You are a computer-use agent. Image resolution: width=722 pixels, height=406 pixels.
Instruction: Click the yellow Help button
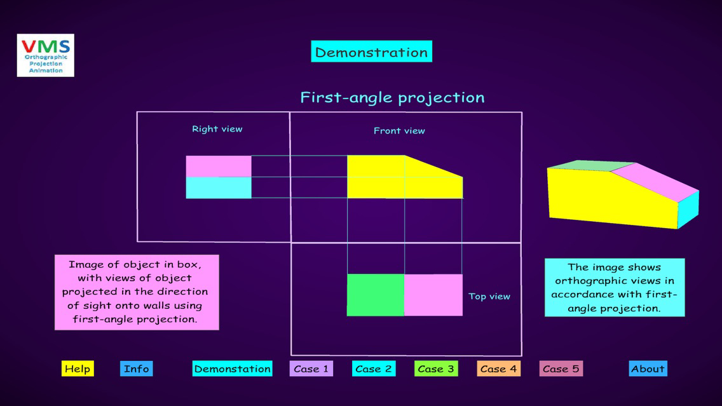[x=78, y=369]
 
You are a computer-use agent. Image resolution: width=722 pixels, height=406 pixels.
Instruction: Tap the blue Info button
[x=136, y=369]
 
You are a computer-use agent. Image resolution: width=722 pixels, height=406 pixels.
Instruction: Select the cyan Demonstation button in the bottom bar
[x=232, y=369]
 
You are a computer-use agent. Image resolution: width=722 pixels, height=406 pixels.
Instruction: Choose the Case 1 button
[x=311, y=369]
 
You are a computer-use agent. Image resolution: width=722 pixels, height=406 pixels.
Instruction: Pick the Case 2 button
[x=373, y=369]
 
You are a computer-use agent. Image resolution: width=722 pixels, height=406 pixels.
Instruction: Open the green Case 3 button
[x=436, y=369]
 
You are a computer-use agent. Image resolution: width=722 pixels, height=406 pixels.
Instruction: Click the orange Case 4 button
[x=498, y=369]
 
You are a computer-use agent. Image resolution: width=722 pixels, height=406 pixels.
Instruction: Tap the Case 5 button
[x=561, y=369]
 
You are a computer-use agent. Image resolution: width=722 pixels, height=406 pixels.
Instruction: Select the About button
[x=648, y=369]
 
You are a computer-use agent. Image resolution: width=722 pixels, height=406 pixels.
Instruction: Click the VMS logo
[x=46, y=55]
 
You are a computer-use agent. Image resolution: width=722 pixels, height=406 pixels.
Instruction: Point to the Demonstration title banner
[x=371, y=52]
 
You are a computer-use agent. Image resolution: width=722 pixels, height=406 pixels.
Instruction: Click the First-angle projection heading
[x=392, y=97]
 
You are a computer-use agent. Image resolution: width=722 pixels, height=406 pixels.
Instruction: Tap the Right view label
[x=217, y=129]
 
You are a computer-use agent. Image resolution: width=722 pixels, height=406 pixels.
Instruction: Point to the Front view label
[x=399, y=131]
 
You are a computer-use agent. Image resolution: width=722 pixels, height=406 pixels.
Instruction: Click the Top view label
[x=489, y=296]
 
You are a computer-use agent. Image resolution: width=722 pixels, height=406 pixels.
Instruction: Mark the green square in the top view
[x=375, y=295]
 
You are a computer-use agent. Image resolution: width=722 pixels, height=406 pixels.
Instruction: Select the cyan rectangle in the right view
[x=219, y=187]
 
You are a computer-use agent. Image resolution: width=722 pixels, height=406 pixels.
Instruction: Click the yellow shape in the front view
[x=381, y=178]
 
